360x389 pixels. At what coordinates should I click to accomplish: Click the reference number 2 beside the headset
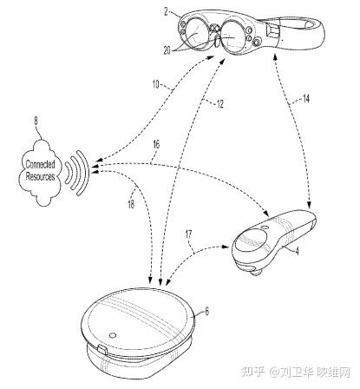tap(167, 12)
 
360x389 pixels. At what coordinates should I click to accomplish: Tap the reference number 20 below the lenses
tap(167, 51)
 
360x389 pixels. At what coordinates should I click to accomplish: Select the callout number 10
tap(155, 84)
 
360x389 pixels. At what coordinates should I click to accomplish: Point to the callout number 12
tap(220, 104)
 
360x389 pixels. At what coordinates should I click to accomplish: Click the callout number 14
tap(305, 99)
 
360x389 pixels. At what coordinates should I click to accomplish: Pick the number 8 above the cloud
tap(36, 121)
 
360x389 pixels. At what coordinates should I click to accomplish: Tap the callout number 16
tap(156, 144)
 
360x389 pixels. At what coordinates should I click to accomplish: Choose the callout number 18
tap(131, 204)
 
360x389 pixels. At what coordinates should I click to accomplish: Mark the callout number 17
tap(188, 234)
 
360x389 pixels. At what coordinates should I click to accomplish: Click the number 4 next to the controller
tap(297, 251)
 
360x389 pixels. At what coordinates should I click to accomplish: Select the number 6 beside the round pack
tap(206, 312)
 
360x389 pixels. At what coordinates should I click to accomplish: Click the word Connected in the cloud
tap(40, 164)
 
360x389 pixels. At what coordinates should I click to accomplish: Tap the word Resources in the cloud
tap(40, 176)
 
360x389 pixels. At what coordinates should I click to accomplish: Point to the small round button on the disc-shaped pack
tap(112, 335)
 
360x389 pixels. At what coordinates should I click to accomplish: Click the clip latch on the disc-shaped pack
tap(102, 350)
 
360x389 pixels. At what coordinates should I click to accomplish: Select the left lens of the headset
tap(197, 31)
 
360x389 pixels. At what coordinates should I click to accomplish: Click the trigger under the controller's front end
tap(254, 272)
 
